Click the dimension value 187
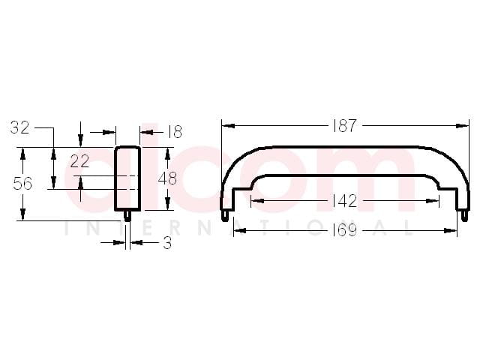[345, 125]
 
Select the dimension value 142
[345, 201]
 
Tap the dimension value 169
[345, 230]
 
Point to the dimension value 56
[22, 184]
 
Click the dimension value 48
[167, 178]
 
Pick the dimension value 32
[20, 127]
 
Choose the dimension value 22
[79, 161]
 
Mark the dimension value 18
[175, 132]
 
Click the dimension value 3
[167, 243]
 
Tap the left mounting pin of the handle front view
[225, 215]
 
